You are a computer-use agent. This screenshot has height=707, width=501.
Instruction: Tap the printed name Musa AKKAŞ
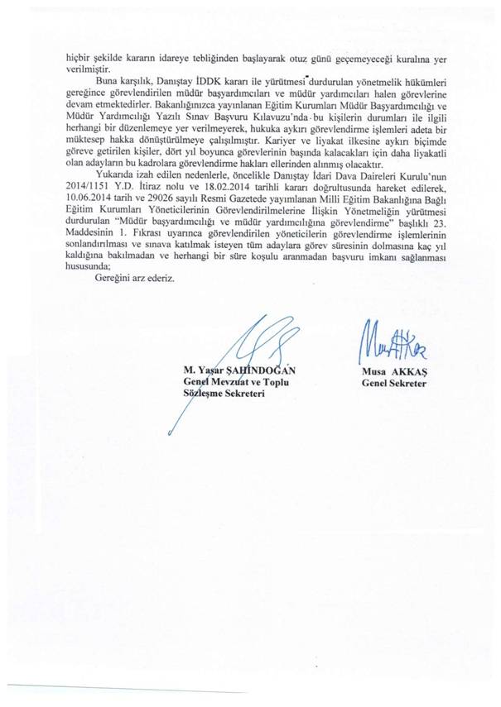(391, 372)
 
